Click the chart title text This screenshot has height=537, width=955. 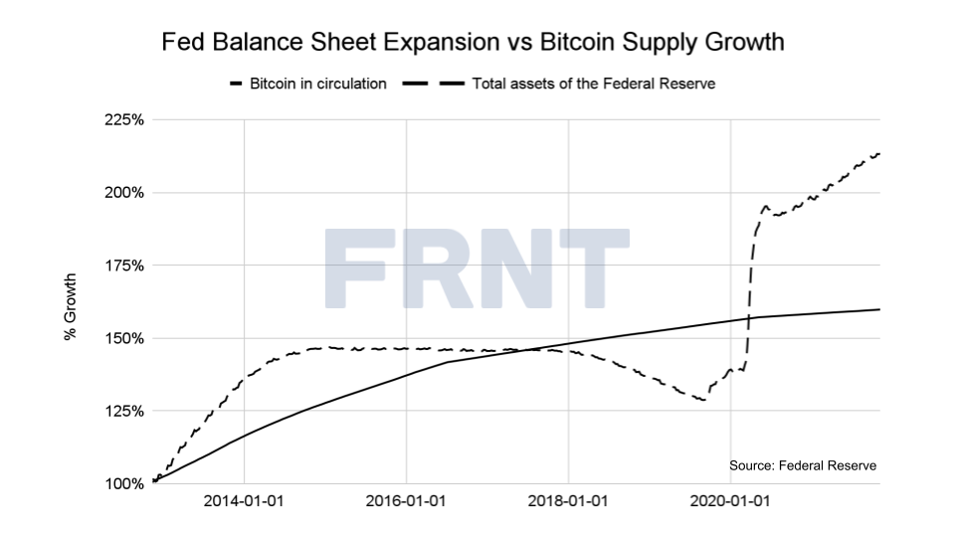point(473,43)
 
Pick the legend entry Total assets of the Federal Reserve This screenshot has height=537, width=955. point(593,84)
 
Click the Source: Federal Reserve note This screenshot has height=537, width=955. point(803,465)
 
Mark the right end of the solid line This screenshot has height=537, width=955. point(879,309)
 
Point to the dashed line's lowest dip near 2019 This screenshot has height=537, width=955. point(702,400)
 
